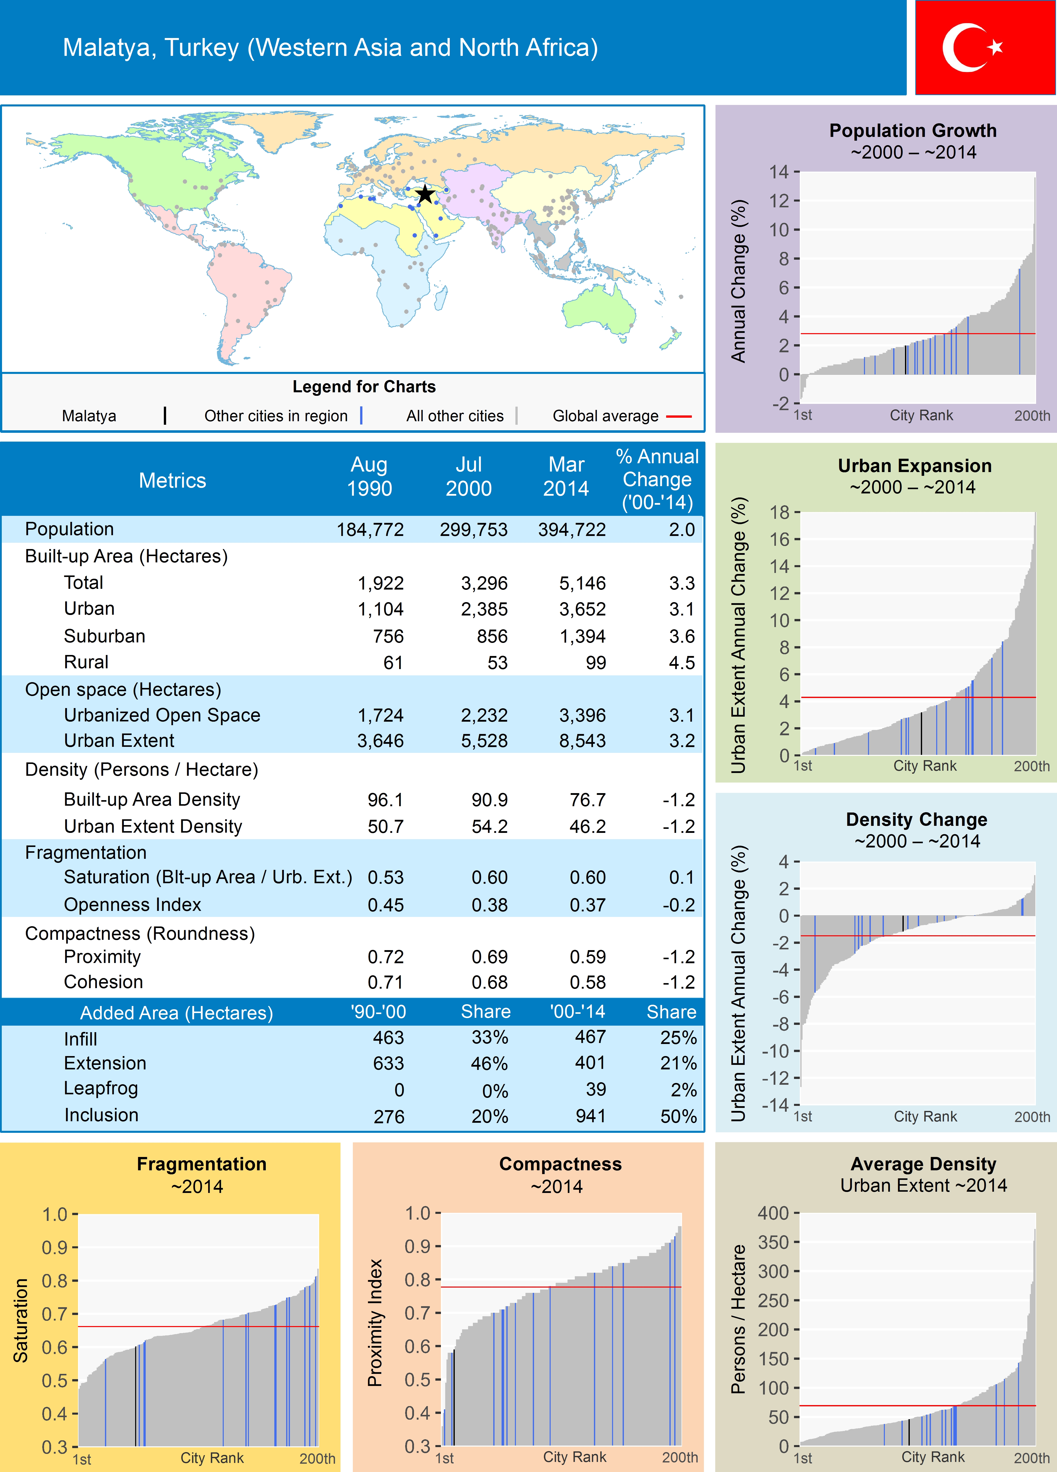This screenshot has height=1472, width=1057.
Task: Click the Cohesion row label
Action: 103,982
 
